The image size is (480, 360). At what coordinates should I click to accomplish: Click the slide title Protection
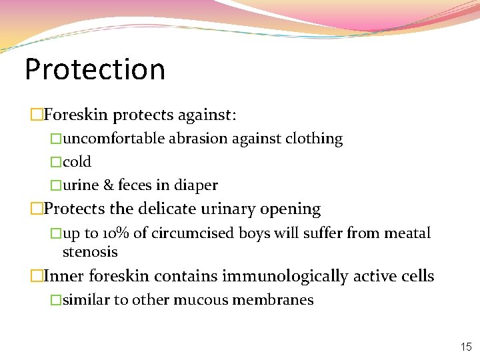pos(95,69)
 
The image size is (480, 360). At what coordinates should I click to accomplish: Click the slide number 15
pos(466,347)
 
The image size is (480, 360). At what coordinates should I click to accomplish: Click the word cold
pos(77,162)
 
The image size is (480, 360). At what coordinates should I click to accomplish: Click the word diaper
pos(195,185)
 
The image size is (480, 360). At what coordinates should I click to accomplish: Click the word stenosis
pos(89,252)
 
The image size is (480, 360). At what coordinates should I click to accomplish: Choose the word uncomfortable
pos(113,139)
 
